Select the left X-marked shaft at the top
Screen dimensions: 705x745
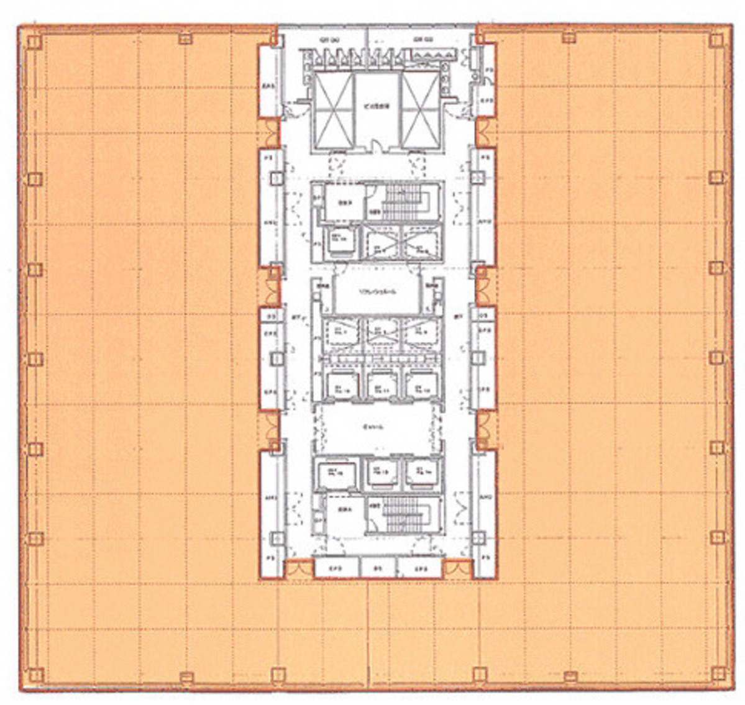pos(333,110)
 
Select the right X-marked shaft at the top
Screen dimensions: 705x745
pos(420,110)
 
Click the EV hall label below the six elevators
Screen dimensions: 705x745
pos(377,428)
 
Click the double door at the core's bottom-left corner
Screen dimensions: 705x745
pos(299,568)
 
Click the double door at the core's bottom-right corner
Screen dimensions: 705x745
pos(457,568)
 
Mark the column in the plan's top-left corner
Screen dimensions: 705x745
pos(35,42)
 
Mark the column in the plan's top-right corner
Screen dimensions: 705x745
pos(716,41)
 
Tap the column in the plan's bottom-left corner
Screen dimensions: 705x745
pos(35,675)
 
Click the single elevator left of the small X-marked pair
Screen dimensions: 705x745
pos(340,241)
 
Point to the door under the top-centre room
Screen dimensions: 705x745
pos(377,147)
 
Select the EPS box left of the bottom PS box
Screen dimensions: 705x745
pos(336,568)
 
